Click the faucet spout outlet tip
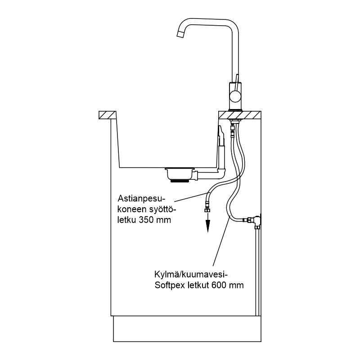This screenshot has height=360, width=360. tap(180, 35)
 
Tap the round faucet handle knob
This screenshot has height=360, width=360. tap(235, 96)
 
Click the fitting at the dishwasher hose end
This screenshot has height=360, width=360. tap(207, 210)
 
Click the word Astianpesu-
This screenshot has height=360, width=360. tap(141, 198)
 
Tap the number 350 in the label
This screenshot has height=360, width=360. tap(146, 220)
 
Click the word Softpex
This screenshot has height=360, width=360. tap(170, 286)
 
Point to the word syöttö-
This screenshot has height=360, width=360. tap(163, 210)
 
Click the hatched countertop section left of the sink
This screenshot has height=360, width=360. tap(107, 115)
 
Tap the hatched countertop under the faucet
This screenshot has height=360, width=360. tap(240, 115)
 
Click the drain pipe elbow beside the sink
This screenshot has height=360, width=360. tap(221, 173)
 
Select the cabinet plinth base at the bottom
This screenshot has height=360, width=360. tap(187, 329)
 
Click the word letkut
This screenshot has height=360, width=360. tap(198, 285)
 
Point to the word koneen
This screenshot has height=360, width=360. tap(132, 210)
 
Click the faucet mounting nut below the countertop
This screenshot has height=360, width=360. tap(234, 120)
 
